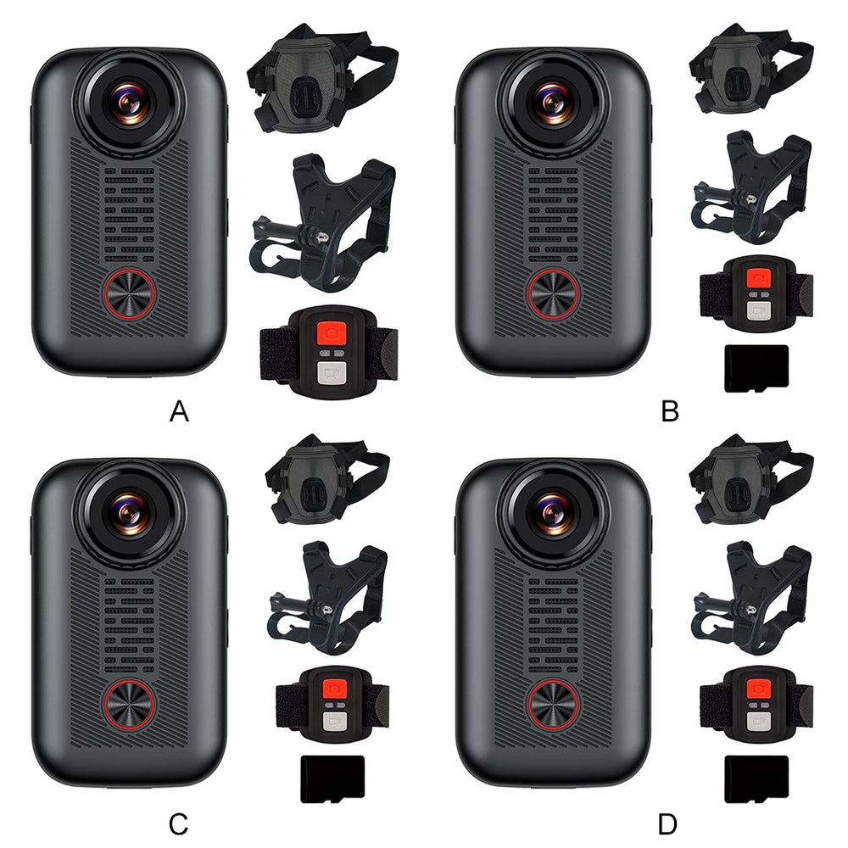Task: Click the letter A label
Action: (179, 411)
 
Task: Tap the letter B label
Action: (670, 411)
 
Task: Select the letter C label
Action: (178, 825)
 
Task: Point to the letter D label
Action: (668, 825)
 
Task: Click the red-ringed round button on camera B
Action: (553, 293)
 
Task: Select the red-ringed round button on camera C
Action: (129, 705)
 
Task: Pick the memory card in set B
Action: (756, 368)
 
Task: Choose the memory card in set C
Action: (332, 779)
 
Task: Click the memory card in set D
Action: (756, 779)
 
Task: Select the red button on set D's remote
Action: (758, 689)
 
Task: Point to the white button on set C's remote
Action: (334, 721)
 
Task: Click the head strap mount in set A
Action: (322, 77)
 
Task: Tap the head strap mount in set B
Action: (751, 69)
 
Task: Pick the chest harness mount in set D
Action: (751, 598)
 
